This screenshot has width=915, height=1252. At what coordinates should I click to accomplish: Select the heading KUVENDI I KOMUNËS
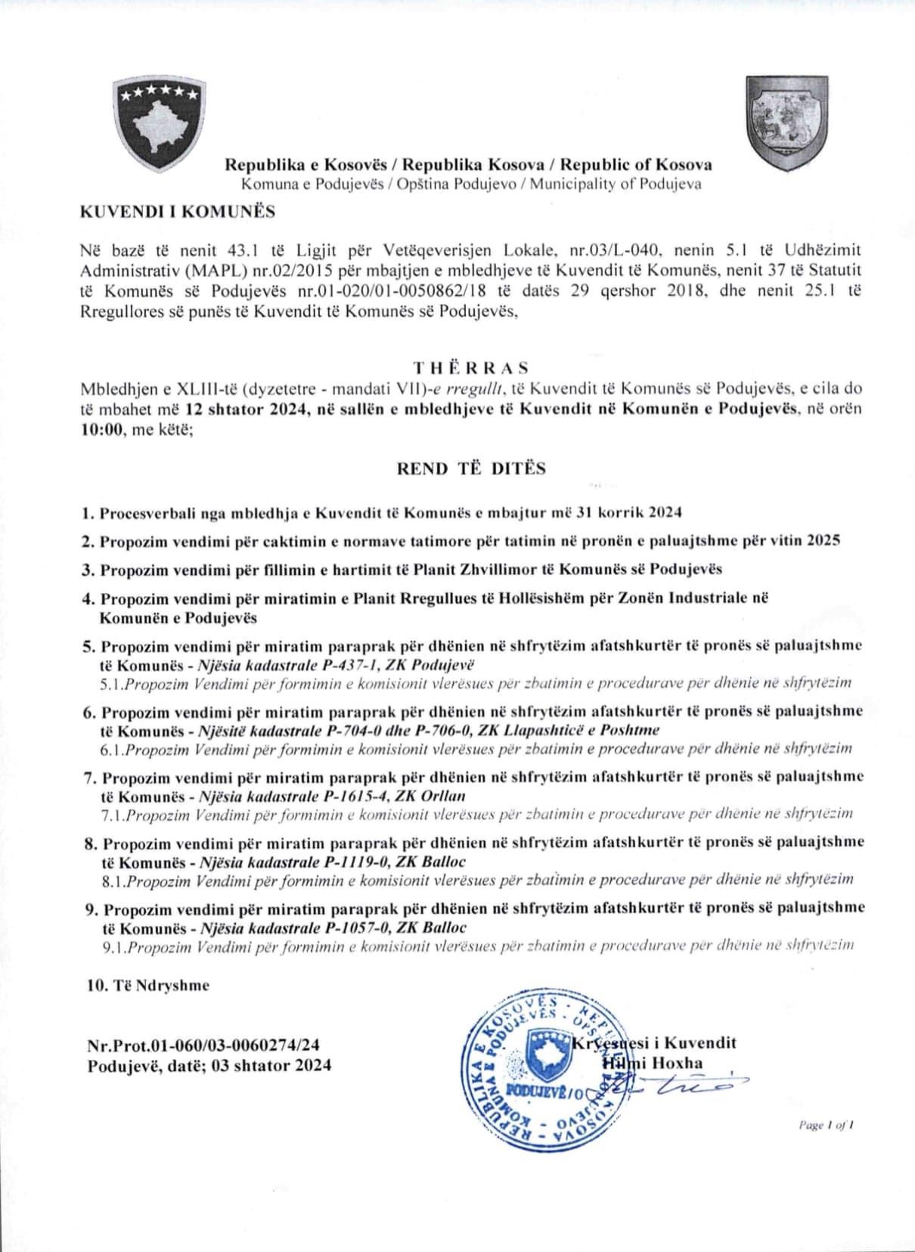pyautogui.click(x=177, y=212)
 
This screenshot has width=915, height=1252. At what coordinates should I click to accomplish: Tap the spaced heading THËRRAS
pyautogui.click(x=471, y=368)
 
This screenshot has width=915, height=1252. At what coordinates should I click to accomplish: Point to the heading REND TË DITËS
pyautogui.click(x=471, y=468)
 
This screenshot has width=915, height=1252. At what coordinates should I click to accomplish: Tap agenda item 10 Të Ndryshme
pyautogui.click(x=148, y=986)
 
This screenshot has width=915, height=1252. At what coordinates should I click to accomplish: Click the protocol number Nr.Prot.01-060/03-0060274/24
pyautogui.click(x=203, y=1045)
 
